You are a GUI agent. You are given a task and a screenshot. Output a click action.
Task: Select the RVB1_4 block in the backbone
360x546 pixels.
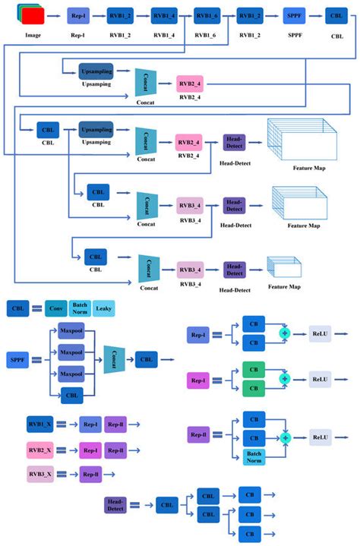click(x=163, y=14)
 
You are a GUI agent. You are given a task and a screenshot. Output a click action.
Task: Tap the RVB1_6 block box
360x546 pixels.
click(x=207, y=14)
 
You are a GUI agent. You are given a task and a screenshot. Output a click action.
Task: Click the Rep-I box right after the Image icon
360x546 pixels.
click(x=77, y=14)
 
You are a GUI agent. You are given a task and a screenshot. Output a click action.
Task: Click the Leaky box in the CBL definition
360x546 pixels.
click(x=104, y=308)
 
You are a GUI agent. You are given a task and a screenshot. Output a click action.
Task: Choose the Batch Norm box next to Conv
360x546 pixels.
click(x=80, y=308)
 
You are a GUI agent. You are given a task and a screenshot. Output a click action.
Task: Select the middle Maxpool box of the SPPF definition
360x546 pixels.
click(x=71, y=352)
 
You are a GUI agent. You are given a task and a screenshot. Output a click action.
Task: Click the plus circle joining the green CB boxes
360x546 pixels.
click(x=285, y=378)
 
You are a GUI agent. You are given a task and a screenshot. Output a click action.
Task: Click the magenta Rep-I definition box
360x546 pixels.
click(x=198, y=377)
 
